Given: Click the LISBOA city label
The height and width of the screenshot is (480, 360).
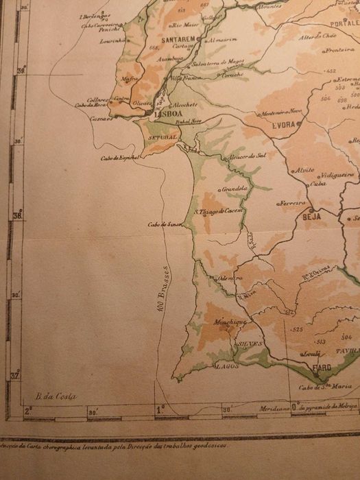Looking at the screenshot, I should [x=167, y=115].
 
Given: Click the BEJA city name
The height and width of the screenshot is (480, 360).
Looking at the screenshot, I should [x=312, y=215].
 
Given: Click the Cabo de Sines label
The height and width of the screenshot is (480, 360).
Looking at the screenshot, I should [x=163, y=225].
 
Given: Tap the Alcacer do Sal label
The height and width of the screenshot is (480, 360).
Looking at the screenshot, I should [x=248, y=156].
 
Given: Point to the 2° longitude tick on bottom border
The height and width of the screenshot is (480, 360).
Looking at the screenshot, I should [x=28, y=411].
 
